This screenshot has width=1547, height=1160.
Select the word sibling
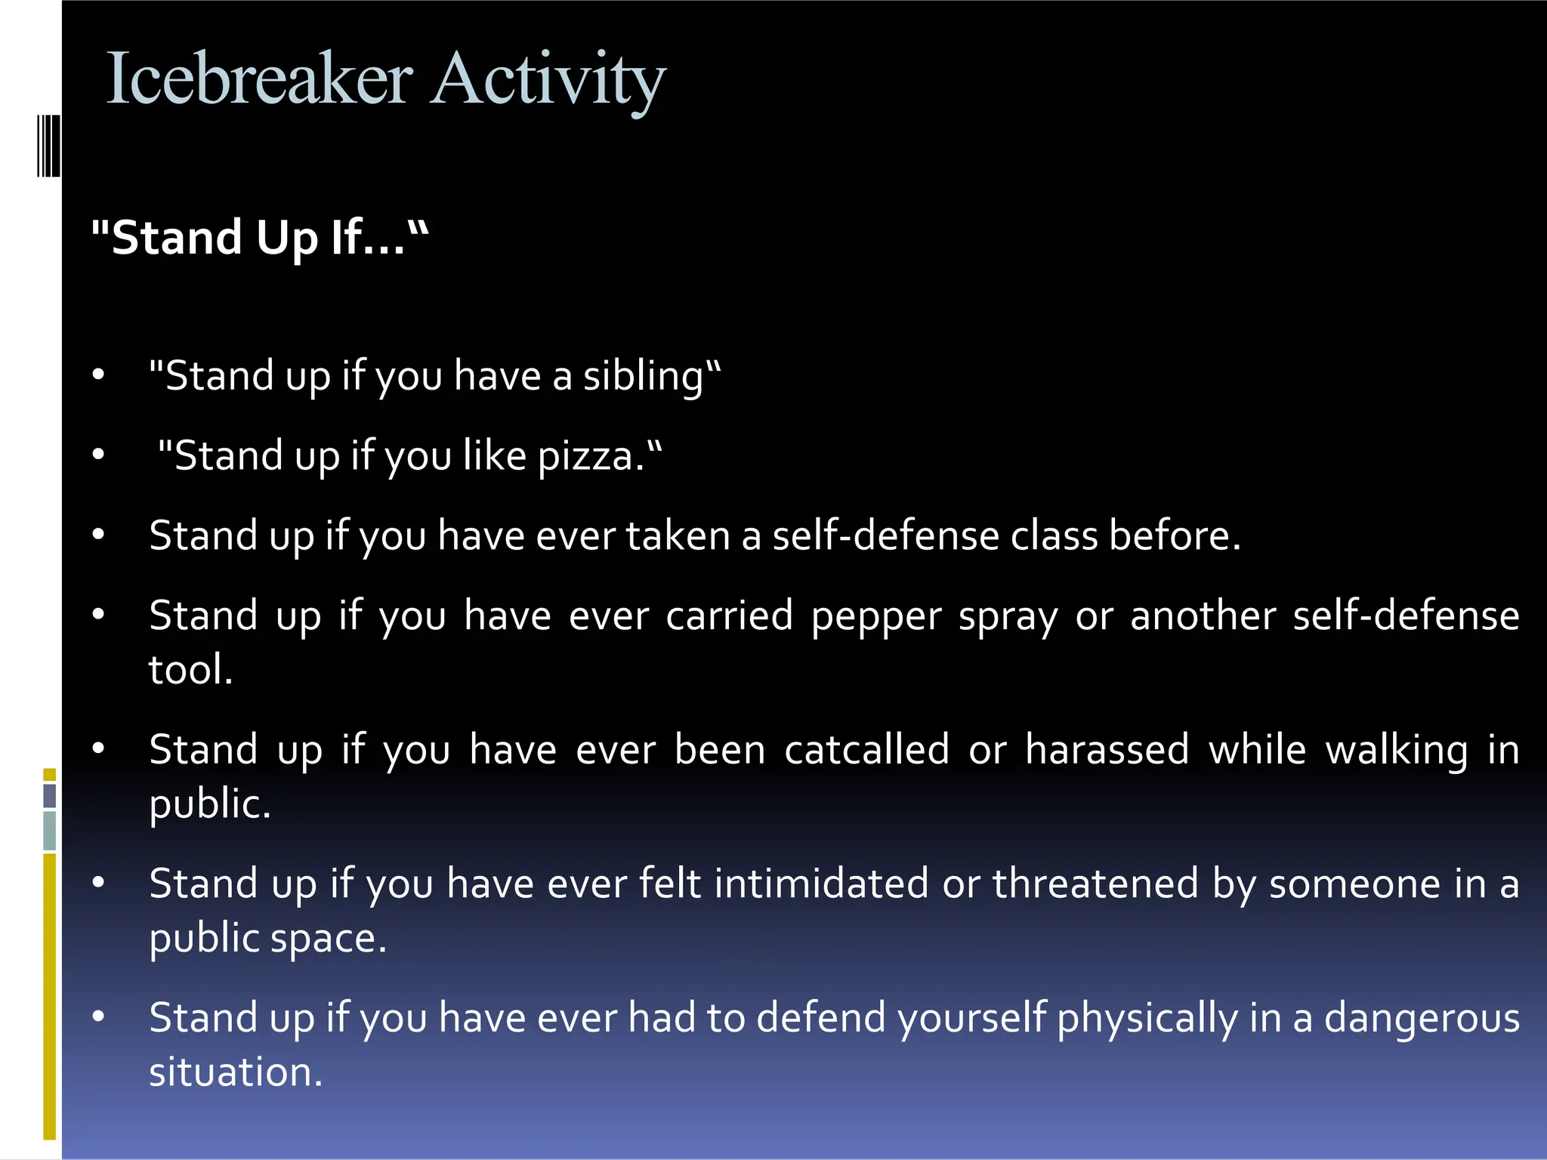[643, 377]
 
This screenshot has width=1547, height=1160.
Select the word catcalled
[866, 750]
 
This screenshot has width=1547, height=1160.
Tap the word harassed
[1107, 750]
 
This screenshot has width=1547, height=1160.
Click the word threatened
[1095, 884]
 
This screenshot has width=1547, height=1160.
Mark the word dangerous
[1422, 1018]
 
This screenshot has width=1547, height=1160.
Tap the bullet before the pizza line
[98, 455]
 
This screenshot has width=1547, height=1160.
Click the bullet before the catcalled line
[98, 748]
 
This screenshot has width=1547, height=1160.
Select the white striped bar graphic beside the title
[48, 145]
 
